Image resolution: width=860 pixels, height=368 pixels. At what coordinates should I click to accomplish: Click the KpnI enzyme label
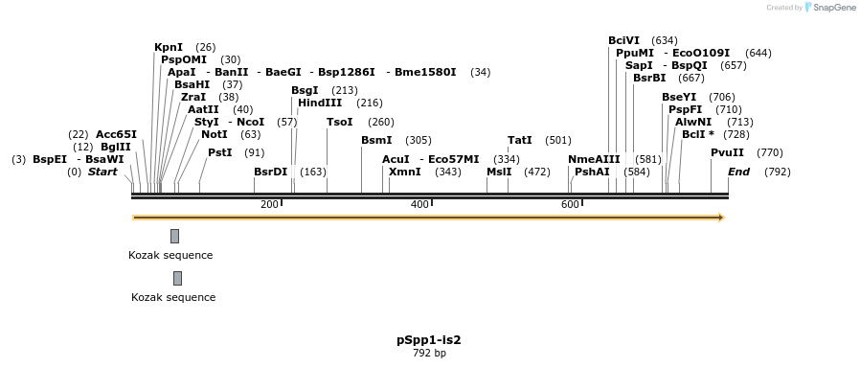169,47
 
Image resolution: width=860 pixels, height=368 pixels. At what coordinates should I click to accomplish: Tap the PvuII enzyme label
727,152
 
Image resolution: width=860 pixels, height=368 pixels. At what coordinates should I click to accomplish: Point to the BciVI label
623,40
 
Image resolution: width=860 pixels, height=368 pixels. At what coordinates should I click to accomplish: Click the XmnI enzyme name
404,172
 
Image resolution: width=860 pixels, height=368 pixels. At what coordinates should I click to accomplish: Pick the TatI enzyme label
520,140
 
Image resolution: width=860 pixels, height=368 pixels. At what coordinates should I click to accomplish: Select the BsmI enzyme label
376,140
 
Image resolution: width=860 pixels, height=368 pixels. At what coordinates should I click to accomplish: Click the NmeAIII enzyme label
594,159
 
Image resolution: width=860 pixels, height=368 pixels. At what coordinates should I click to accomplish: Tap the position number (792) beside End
777,172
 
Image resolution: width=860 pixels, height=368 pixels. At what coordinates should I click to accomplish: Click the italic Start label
102,172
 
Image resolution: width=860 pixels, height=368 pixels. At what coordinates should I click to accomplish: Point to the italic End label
738,172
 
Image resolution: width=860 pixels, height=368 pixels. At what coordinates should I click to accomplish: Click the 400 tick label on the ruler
419,204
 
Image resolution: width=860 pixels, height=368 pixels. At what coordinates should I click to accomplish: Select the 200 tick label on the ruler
269,204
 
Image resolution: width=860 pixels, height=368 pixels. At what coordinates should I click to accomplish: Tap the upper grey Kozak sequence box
174,236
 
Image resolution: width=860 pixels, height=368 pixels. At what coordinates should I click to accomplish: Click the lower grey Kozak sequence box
177,278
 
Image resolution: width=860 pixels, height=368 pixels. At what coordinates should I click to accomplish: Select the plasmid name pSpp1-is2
429,339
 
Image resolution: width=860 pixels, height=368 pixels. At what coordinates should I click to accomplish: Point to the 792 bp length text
429,353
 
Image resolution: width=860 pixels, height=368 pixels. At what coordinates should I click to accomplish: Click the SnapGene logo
830,8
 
